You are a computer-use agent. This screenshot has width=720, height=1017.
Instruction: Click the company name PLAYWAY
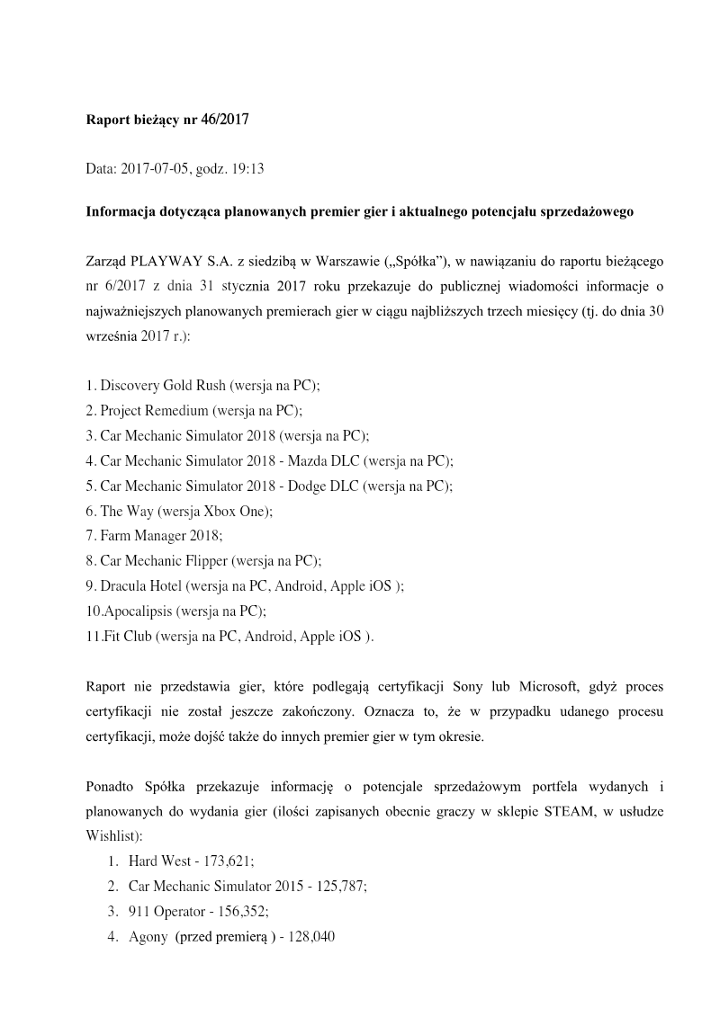pyautogui.click(x=166, y=262)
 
